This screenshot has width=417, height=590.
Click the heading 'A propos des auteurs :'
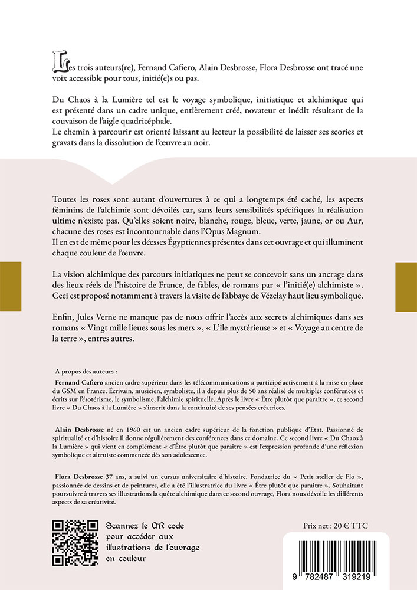coord(86,372)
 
